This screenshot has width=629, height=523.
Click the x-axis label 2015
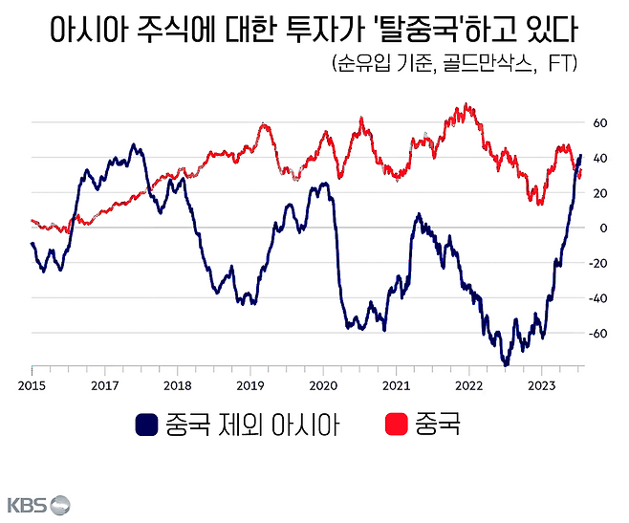point(32,385)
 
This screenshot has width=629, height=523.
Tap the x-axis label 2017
point(104,385)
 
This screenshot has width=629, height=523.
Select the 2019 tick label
point(250,385)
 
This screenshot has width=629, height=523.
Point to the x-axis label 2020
point(323,385)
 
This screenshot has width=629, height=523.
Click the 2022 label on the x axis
point(468,385)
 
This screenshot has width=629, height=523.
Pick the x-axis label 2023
point(542,385)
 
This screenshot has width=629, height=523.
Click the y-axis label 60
point(601,123)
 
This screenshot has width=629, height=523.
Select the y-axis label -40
point(599,297)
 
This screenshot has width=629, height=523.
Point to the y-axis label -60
point(599,333)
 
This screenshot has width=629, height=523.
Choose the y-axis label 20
point(601,193)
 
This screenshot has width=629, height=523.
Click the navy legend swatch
point(147,424)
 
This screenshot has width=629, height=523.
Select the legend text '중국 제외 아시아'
point(252,424)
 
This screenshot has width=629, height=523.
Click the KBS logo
point(39,504)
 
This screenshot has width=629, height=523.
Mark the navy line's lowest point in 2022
point(506,365)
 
